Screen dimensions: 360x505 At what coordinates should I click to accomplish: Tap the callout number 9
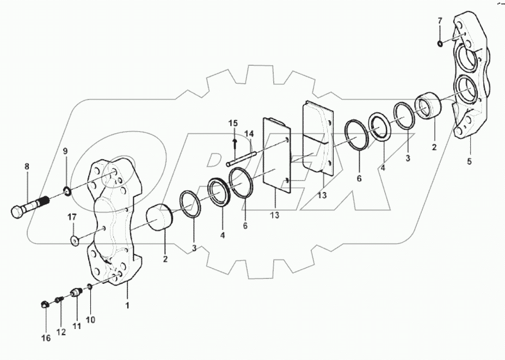click(x=65, y=151)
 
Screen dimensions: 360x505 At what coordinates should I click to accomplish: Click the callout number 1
click(x=127, y=305)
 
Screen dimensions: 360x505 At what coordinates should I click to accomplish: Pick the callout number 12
click(x=61, y=331)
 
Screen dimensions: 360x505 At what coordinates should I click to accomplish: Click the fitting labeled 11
click(x=76, y=293)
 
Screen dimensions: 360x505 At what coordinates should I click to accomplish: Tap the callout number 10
click(x=90, y=320)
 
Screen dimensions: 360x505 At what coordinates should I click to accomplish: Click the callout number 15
click(x=232, y=123)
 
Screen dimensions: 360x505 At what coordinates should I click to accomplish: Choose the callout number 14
click(x=249, y=133)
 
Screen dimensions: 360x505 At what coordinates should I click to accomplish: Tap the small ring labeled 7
click(x=440, y=42)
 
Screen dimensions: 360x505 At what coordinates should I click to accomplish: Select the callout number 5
click(x=469, y=161)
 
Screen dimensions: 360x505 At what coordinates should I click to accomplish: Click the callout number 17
click(x=71, y=218)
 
